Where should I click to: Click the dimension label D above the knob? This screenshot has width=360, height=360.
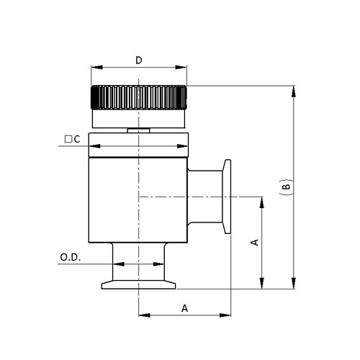click(x=138, y=60)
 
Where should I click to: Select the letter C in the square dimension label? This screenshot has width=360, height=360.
click(x=76, y=139)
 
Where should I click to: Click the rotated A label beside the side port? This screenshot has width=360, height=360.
click(x=253, y=243)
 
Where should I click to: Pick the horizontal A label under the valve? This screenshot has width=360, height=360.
click(x=184, y=307)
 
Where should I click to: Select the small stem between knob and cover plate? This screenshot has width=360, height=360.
click(x=138, y=131)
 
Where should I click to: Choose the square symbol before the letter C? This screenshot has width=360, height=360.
click(x=67, y=139)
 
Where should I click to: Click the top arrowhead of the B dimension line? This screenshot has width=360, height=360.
click(x=294, y=90)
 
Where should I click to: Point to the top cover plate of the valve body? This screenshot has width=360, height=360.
click(x=138, y=146)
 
